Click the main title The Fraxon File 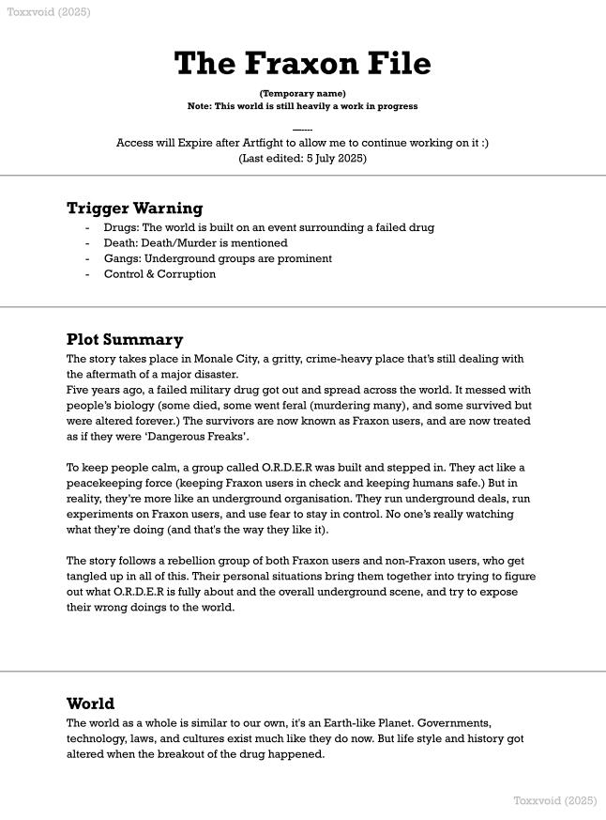click(x=302, y=64)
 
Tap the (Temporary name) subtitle click(x=302, y=93)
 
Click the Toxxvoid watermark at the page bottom click(x=554, y=800)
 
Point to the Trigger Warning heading click(x=134, y=208)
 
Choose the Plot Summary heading click(x=125, y=339)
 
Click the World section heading click(x=90, y=704)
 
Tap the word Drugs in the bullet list click(x=120, y=227)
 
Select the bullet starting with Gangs click(x=218, y=258)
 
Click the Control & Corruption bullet click(x=159, y=274)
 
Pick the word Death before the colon click(x=120, y=243)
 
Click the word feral click(x=292, y=406)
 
